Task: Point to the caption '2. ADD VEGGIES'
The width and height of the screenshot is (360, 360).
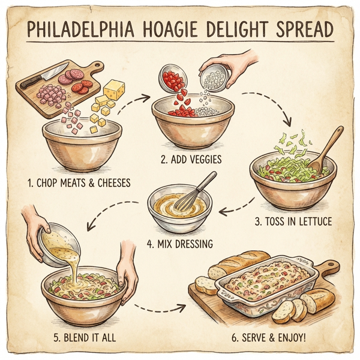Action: pyautogui.click(x=191, y=160)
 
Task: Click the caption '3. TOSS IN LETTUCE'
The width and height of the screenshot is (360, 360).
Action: pyautogui.click(x=293, y=222)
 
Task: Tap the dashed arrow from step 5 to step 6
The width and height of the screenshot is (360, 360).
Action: pyautogui.click(x=159, y=309)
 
